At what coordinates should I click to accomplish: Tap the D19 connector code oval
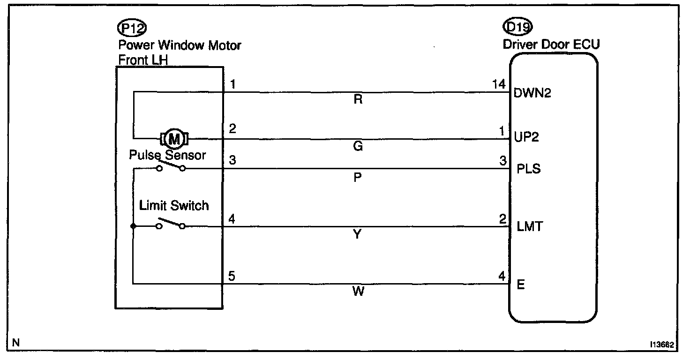517,27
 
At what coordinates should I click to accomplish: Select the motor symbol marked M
174,139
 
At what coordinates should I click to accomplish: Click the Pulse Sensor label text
167,155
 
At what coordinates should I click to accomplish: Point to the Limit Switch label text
174,205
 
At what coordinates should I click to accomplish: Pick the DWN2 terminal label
532,93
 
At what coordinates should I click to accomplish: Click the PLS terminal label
528,169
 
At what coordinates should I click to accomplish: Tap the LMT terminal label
529,227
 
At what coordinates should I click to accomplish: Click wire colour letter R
358,100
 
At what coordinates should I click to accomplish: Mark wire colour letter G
358,147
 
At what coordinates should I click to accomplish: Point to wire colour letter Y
358,234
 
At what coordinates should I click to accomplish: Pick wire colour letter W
358,292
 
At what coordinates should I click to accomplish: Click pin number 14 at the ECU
499,84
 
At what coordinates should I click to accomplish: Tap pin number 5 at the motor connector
232,276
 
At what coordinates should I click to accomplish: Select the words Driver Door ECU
551,45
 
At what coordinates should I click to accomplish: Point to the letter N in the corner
16,343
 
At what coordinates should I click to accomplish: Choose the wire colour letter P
358,178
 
